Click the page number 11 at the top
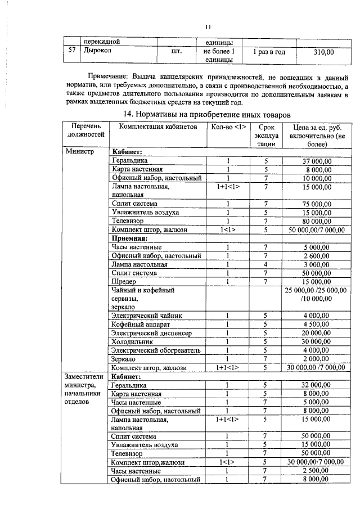click(x=208, y=27)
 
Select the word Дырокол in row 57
click(x=97, y=52)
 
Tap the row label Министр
click(x=80, y=152)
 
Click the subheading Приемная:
click(x=130, y=238)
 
